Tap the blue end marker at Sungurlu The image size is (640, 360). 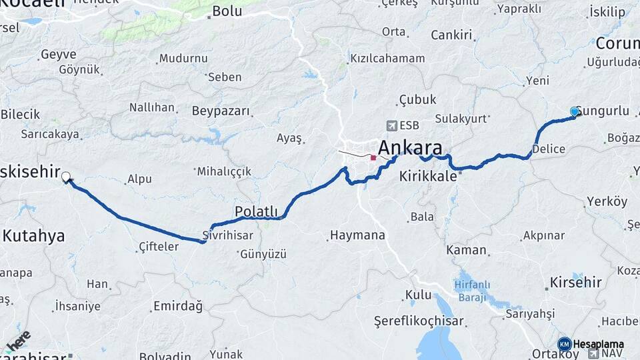(575, 111)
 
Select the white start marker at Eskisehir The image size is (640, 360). (66, 177)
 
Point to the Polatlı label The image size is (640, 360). (256, 211)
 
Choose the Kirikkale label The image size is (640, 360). (428, 177)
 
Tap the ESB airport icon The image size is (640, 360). (391, 125)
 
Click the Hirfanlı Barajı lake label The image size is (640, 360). (473, 291)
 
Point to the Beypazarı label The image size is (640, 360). (221, 111)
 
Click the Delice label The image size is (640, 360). (549, 149)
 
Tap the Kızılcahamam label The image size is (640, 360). (387, 58)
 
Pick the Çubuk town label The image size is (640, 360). (417, 99)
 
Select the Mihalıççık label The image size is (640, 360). (224, 171)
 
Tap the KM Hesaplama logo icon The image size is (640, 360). (564, 344)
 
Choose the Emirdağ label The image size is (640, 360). (178, 306)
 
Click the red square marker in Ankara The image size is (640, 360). (373, 158)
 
